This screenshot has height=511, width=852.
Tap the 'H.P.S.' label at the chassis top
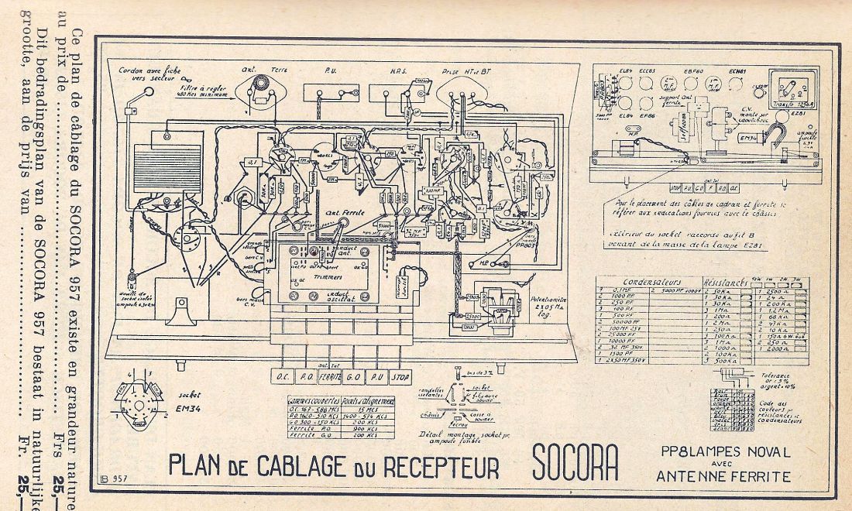pos(398,68)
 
